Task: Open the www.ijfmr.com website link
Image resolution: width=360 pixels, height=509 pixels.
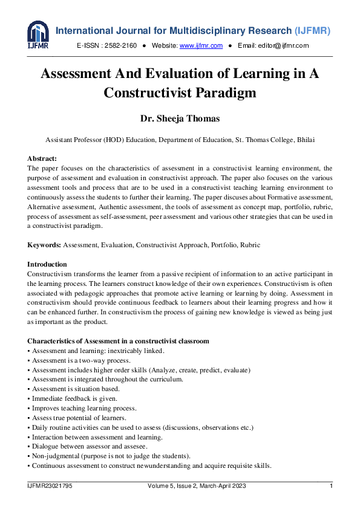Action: coord(201,46)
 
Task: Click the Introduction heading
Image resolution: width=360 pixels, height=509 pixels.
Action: coord(47,265)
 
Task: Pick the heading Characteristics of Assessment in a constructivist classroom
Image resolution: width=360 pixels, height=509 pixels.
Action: coord(118,342)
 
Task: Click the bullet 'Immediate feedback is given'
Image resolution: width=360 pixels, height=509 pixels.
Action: coord(74,399)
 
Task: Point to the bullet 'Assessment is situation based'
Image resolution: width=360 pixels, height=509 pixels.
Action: coord(76,389)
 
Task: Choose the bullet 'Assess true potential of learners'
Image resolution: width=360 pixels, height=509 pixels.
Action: coord(79,418)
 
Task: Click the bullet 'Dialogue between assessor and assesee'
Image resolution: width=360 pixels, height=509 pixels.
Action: coord(89,447)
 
